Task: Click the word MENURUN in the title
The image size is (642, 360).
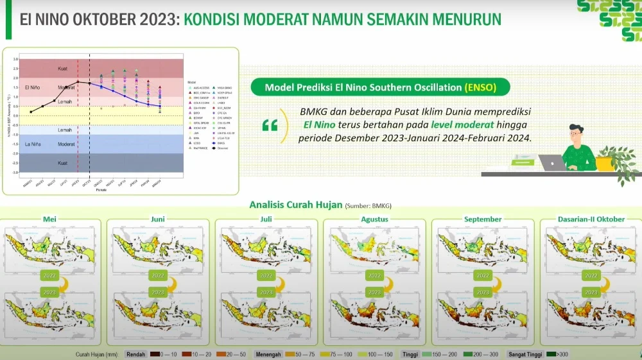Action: point(460,19)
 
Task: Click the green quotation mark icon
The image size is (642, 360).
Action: point(270,124)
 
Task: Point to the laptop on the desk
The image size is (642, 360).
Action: point(551,162)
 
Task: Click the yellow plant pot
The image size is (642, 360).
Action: point(603,164)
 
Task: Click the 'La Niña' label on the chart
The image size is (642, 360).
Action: point(35,144)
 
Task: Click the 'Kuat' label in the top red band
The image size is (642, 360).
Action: point(62,68)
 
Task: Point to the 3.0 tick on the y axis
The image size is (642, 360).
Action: point(16,59)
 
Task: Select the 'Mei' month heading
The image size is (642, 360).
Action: point(49,219)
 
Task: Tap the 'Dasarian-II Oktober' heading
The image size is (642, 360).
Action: point(591,219)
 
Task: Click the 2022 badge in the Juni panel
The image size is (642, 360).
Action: point(158,275)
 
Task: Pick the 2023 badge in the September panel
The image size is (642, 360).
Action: point(483,292)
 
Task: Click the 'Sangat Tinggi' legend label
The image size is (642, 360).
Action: point(525,354)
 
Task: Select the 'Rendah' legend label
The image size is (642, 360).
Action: point(135,354)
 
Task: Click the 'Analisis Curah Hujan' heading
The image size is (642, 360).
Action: point(295,205)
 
